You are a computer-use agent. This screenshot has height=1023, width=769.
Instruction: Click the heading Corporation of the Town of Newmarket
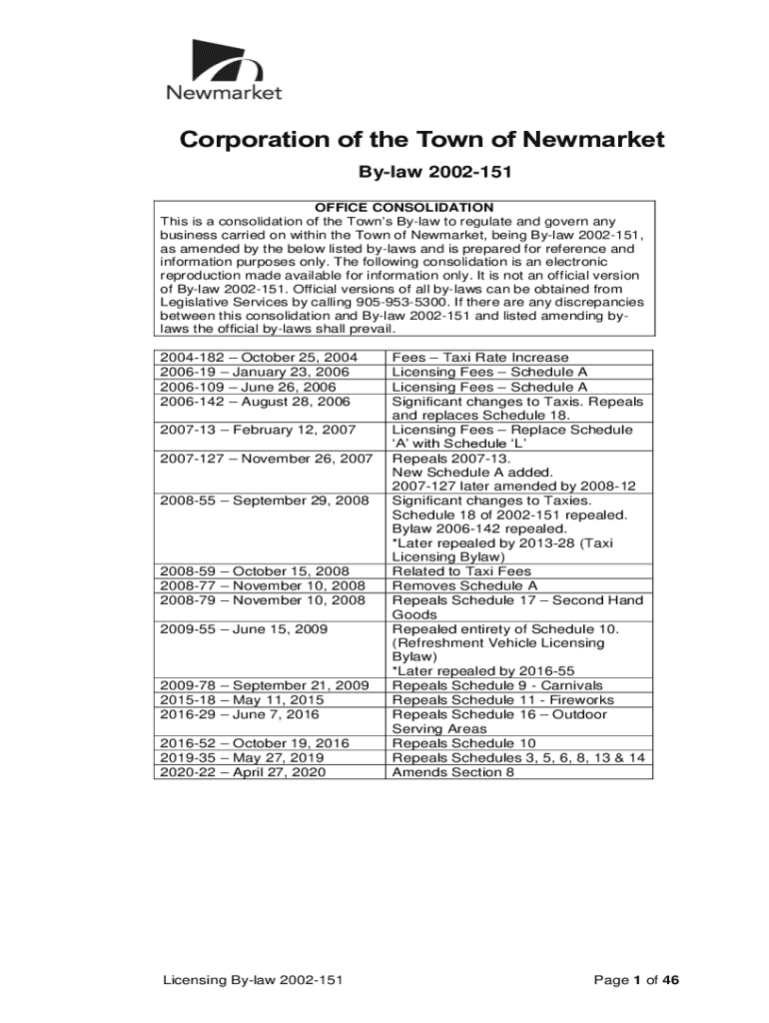click(x=421, y=140)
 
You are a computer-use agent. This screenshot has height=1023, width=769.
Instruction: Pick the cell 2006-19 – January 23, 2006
click(x=255, y=372)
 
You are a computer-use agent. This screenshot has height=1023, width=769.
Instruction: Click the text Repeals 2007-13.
click(x=438, y=458)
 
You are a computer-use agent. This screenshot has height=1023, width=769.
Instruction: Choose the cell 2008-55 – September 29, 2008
click(x=265, y=501)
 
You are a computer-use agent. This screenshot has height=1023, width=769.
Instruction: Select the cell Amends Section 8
click(x=453, y=772)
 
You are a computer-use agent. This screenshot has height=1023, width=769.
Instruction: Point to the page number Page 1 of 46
click(x=637, y=981)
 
